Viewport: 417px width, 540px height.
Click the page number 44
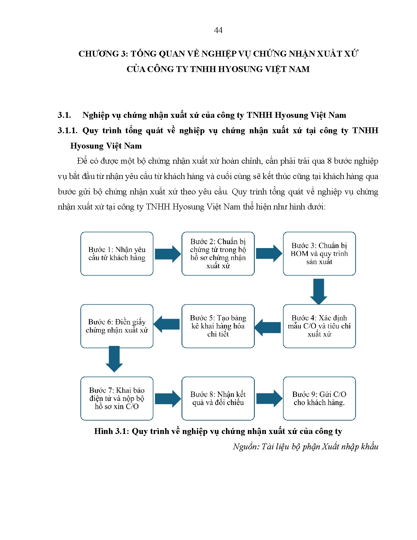point(218,30)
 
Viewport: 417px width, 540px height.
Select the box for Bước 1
point(117,254)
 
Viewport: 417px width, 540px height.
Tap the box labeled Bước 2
point(218,254)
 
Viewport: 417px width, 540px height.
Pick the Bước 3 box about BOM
point(319,254)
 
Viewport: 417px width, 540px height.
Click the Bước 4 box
point(319,326)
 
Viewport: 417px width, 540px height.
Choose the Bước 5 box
point(218,326)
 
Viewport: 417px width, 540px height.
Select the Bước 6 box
point(117,326)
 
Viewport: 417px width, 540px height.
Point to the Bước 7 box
point(117,398)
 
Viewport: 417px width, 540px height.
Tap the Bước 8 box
point(218,398)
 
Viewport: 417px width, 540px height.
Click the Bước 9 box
point(319,398)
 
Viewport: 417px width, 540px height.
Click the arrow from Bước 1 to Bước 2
point(167,254)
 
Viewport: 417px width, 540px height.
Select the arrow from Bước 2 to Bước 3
point(269,253)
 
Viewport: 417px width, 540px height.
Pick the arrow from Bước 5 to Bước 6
point(167,324)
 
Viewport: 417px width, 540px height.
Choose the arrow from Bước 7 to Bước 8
point(167,398)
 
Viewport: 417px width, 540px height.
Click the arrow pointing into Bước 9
point(269,398)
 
